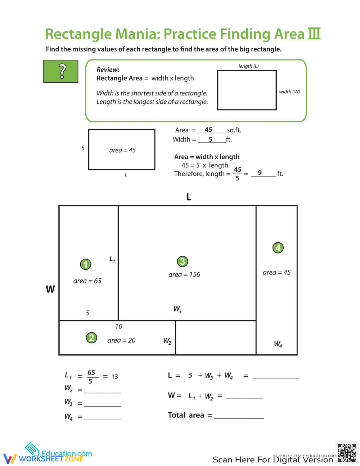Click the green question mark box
click(61, 71)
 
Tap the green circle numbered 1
click(85, 264)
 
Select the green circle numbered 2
click(91, 338)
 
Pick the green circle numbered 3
click(183, 261)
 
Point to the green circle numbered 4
click(278, 248)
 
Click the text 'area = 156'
click(184, 274)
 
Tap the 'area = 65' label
click(87, 281)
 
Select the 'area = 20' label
click(121, 340)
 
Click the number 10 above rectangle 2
click(118, 326)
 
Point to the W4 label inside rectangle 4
click(278, 344)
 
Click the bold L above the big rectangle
click(189, 197)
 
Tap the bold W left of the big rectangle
click(50, 289)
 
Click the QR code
click(347, 453)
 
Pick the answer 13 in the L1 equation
click(114, 377)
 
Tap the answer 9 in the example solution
click(260, 173)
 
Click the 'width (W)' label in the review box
click(289, 92)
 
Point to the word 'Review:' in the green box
click(108, 70)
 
